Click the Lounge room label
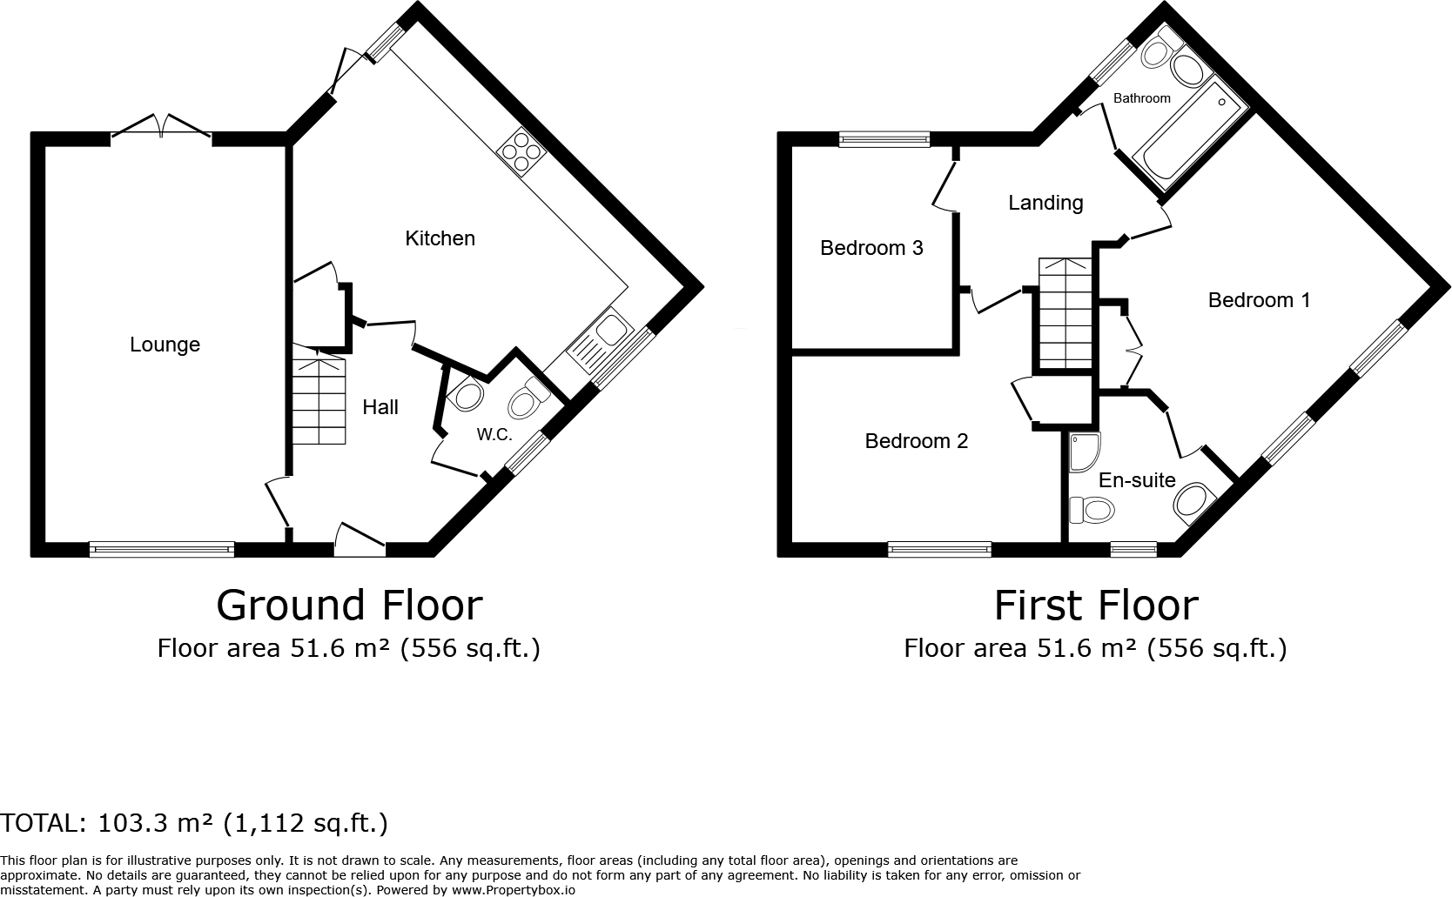165,345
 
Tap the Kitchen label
440,238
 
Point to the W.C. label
494,435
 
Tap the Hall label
380,407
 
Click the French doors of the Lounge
162,129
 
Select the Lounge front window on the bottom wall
162,549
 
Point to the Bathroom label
1141,98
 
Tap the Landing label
1045,203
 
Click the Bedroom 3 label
871,248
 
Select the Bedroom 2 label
916,441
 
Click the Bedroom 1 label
1259,300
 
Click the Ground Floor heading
349,605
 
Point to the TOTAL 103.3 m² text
194,822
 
